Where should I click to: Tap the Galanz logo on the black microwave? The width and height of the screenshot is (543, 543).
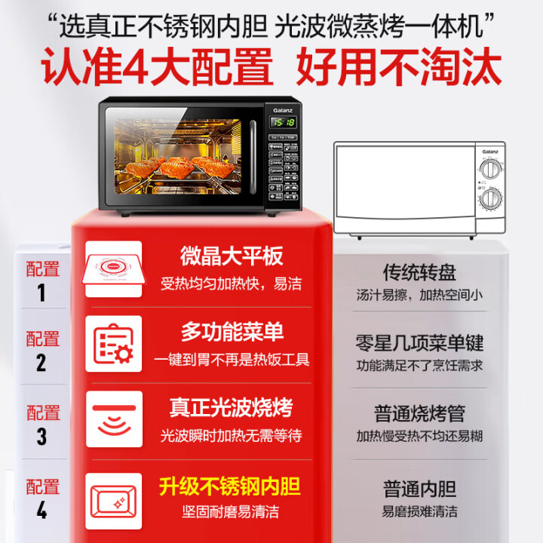click(283, 109)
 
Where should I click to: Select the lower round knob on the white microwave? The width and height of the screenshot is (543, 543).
click(491, 199)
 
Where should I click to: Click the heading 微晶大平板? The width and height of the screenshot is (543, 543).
click(232, 256)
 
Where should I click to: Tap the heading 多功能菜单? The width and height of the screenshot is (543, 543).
click(232, 332)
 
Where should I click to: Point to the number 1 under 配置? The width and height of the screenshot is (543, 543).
click(41, 293)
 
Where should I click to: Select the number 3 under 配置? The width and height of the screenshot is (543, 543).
click(41, 437)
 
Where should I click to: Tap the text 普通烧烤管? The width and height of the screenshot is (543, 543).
click(419, 413)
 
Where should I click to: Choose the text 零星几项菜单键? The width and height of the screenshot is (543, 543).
click(419, 343)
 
